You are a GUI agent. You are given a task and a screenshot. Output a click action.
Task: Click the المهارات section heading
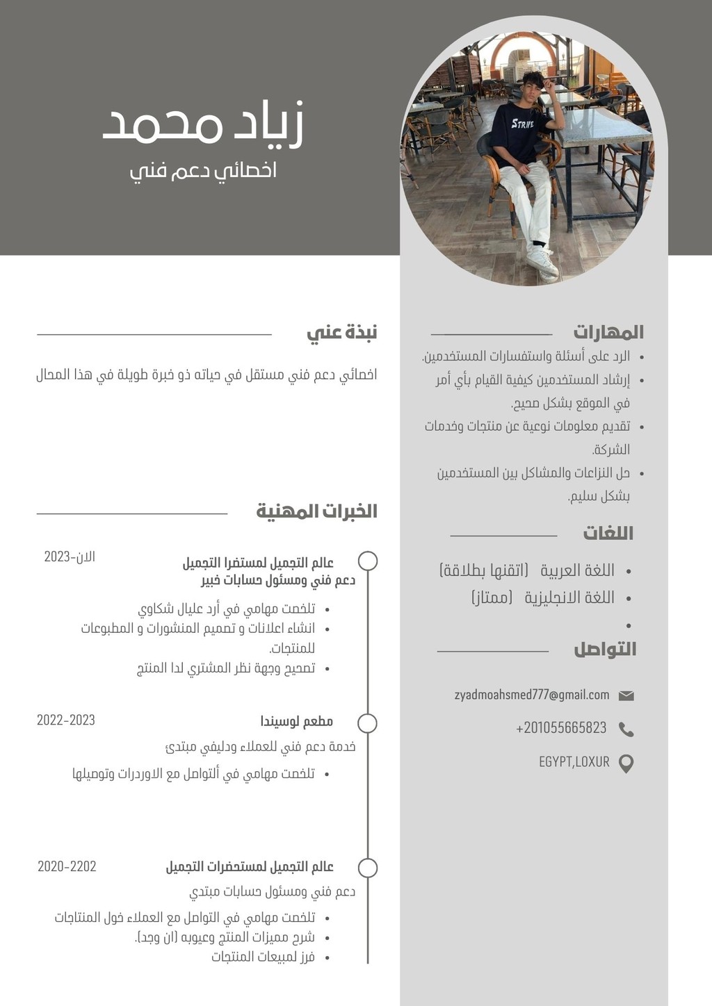[608, 332]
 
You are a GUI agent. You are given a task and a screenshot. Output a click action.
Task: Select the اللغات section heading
[608, 534]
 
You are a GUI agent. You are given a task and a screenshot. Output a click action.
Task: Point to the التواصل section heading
[605, 650]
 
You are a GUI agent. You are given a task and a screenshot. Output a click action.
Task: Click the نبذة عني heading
[342, 333]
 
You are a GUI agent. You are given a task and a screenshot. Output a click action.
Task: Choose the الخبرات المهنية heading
[316, 512]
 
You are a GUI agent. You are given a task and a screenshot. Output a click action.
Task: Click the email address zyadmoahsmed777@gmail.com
[532, 695]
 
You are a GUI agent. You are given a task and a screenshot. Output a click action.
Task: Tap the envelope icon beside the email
[626, 695]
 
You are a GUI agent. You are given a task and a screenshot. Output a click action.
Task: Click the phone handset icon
[626, 729]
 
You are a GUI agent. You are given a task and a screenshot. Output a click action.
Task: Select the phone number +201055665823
[561, 728]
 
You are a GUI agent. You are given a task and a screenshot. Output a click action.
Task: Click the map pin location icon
[626, 763]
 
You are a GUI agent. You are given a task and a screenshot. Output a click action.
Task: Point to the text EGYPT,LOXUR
[574, 762]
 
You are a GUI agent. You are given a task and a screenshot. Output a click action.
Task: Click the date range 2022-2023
[66, 720]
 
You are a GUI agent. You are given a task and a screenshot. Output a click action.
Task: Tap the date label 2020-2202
[67, 866]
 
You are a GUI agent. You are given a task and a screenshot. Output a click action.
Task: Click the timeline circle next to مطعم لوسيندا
[367, 723]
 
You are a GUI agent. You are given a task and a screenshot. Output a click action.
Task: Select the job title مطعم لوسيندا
[297, 721]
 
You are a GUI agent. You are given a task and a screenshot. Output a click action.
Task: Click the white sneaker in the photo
[541, 263]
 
